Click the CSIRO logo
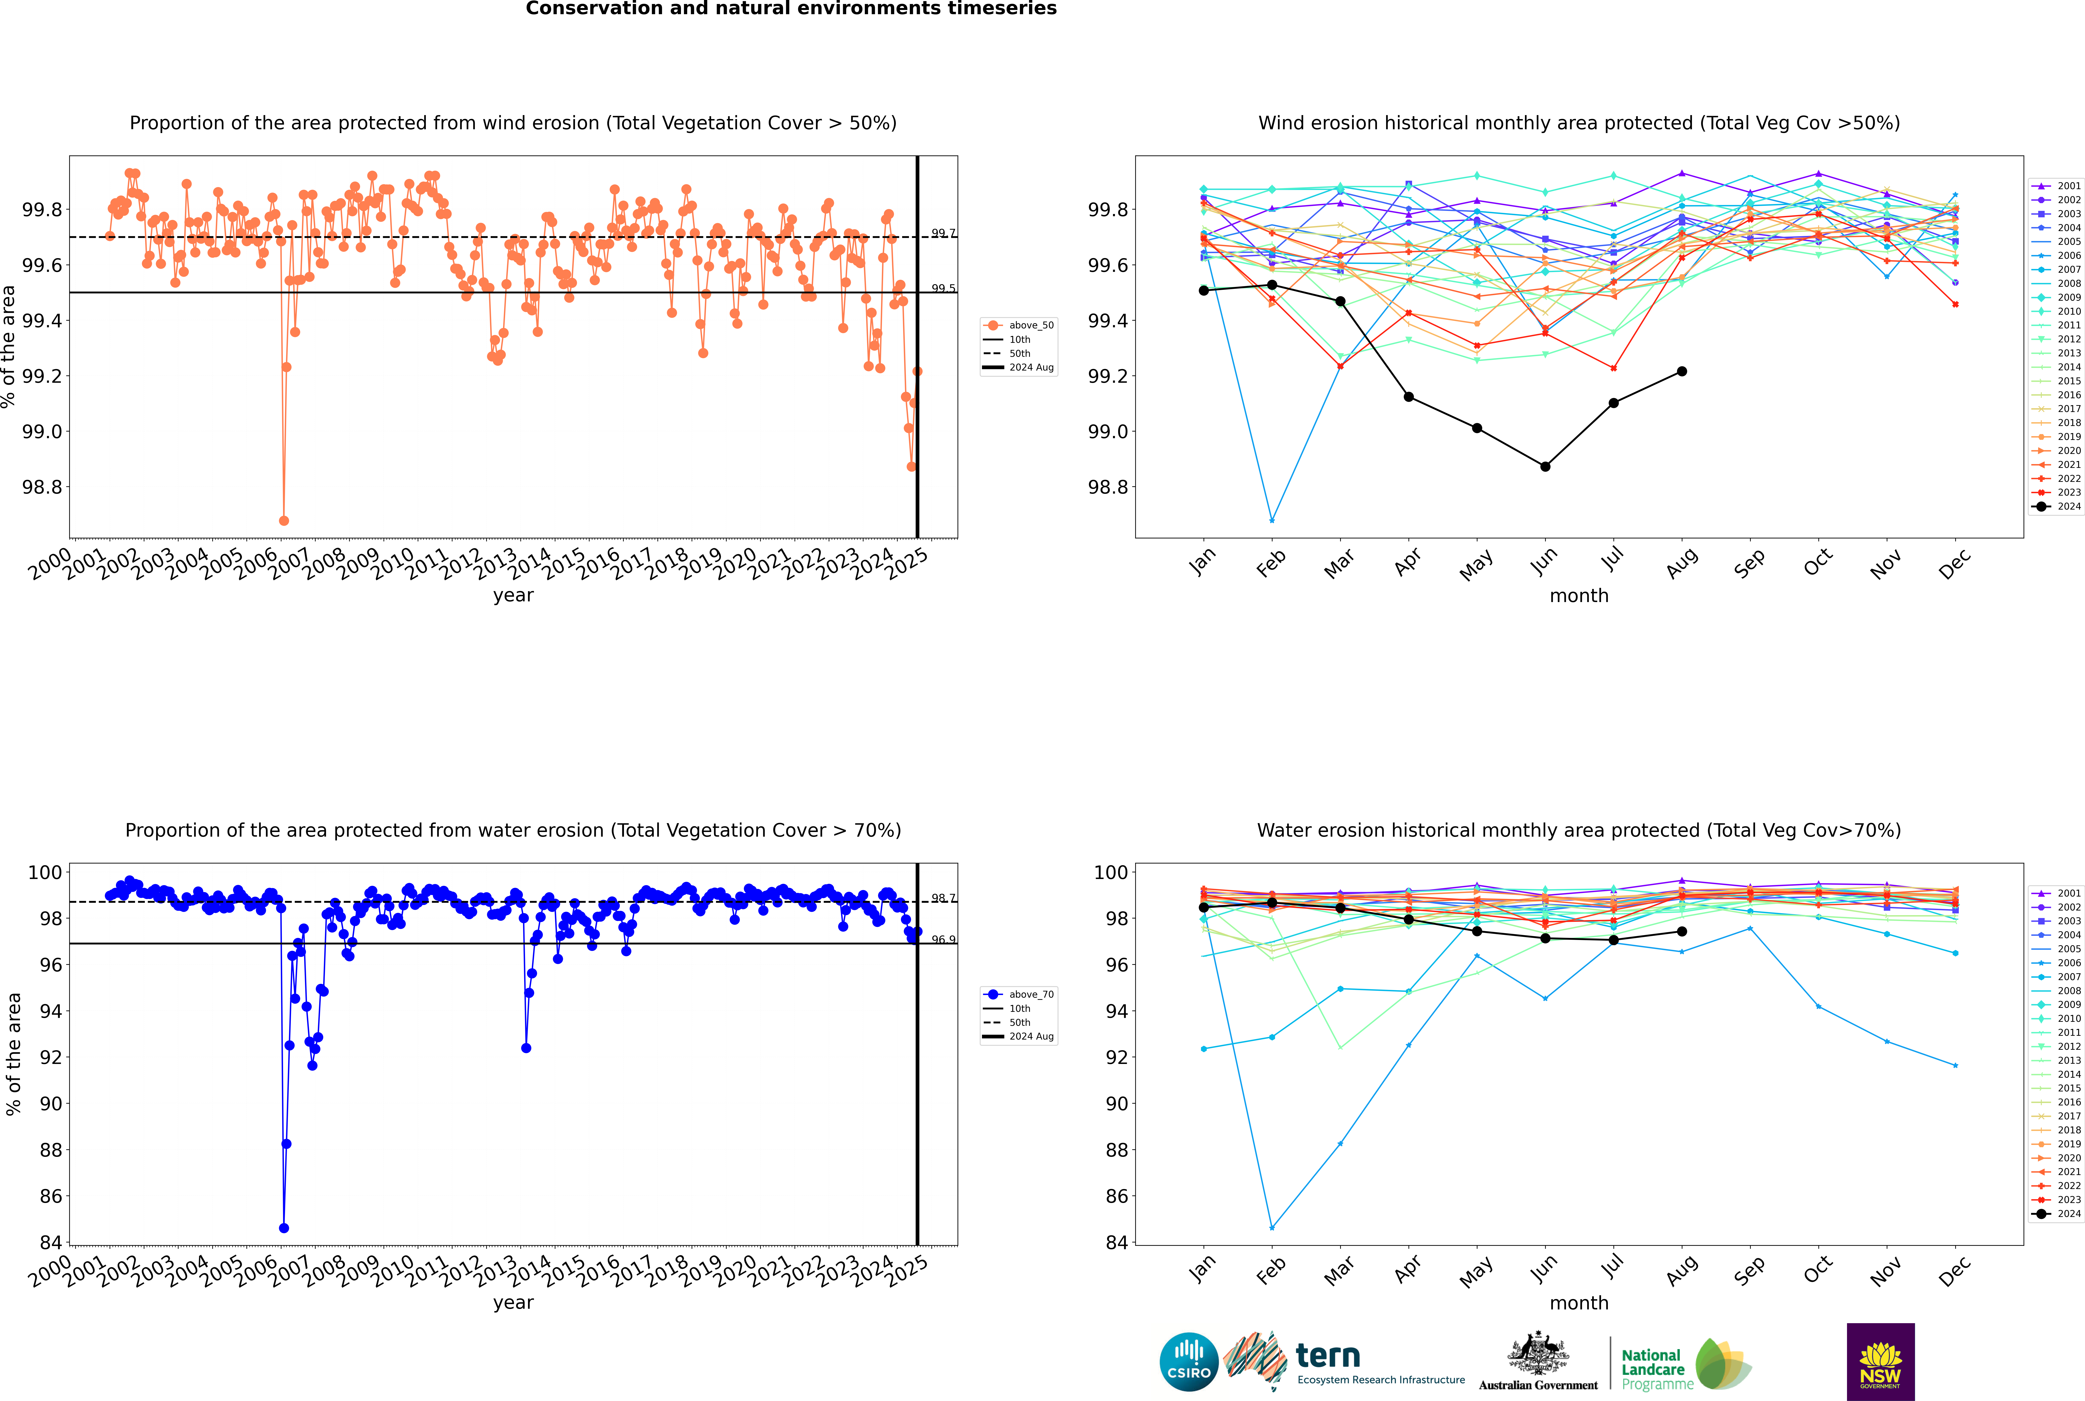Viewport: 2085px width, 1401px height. (x=1189, y=1362)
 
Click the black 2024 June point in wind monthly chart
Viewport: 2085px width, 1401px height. (x=1545, y=466)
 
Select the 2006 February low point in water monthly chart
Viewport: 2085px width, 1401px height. (x=1272, y=1228)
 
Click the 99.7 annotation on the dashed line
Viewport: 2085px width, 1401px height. (x=943, y=233)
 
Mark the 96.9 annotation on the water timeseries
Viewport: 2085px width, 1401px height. (x=943, y=940)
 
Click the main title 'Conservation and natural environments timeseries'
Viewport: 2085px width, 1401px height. (x=791, y=9)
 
